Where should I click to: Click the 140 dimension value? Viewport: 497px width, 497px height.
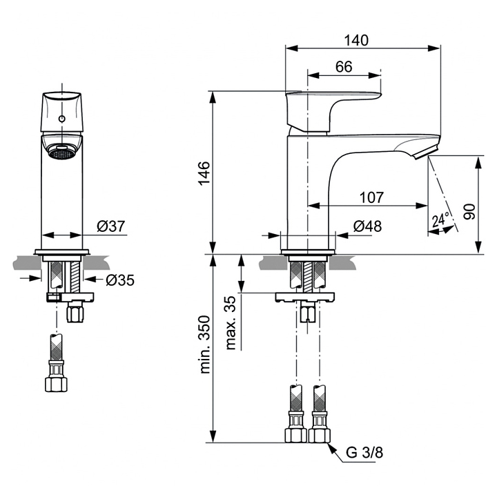pyautogui.click(x=356, y=40)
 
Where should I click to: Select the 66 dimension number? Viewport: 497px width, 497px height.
pyautogui.click(x=344, y=67)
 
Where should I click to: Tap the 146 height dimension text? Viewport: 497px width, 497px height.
pyautogui.click(x=204, y=173)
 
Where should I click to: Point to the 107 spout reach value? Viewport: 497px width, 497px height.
pyautogui.click(x=371, y=197)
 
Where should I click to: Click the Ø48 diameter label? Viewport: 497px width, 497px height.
pyautogui.click(x=367, y=226)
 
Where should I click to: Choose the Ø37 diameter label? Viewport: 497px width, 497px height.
pyautogui.click(x=111, y=226)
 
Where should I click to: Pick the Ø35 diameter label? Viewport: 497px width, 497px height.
pyautogui.click(x=120, y=280)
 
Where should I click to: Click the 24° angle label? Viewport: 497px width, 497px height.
pyautogui.click(x=440, y=220)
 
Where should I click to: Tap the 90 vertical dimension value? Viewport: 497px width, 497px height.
pyautogui.click(x=469, y=212)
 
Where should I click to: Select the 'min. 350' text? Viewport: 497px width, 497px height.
pyautogui.click(x=205, y=344)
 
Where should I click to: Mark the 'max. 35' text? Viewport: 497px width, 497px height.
pyautogui.click(x=231, y=322)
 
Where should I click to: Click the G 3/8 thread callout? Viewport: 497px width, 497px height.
pyautogui.click(x=364, y=453)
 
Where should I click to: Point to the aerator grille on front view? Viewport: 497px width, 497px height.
pyautogui.click(x=62, y=154)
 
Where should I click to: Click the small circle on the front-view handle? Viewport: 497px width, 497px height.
pyautogui.click(x=62, y=119)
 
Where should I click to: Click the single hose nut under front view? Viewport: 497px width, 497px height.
pyautogui.click(x=56, y=384)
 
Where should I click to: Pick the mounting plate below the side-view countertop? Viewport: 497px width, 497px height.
pyautogui.click(x=305, y=297)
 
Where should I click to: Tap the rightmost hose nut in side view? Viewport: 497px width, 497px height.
pyautogui.click(x=320, y=436)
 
